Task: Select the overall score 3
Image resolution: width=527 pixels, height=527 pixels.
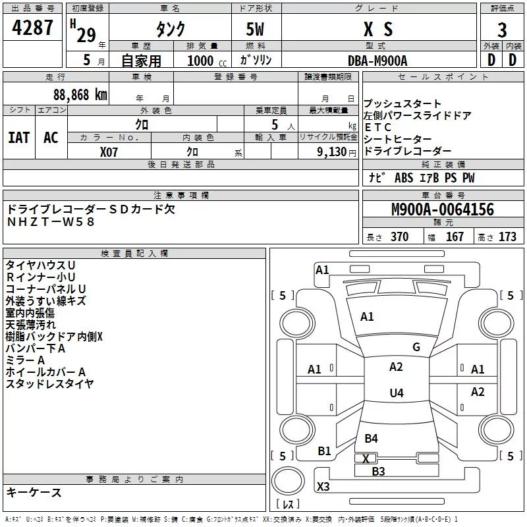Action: click(x=502, y=30)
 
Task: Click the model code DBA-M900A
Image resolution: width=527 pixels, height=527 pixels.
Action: click(x=378, y=60)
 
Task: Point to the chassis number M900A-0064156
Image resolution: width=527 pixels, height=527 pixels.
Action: click(x=442, y=209)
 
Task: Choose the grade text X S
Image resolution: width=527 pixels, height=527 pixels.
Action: click(x=378, y=30)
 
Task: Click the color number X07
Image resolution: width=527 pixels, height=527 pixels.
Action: click(x=109, y=152)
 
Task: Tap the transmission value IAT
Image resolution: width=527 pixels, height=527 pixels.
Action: click(x=19, y=138)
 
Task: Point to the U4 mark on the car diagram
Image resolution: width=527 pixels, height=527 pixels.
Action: click(x=396, y=393)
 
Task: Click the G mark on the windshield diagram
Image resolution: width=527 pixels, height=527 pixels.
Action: click(x=416, y=347)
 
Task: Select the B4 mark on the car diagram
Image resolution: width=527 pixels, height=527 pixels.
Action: click(x=371, y=439)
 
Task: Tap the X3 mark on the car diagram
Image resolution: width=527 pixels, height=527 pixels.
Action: click(x=323, y=487)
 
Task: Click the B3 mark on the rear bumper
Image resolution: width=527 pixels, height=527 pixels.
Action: click(x=377, y=471)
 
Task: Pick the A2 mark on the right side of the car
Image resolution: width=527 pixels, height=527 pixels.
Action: click(x=478, y=392)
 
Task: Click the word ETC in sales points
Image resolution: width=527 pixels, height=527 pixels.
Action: click(x=377, y=127)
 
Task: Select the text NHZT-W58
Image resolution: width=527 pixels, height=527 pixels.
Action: click(x=51, y=221)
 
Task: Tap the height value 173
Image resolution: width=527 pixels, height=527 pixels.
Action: click(x=507, y=237)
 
